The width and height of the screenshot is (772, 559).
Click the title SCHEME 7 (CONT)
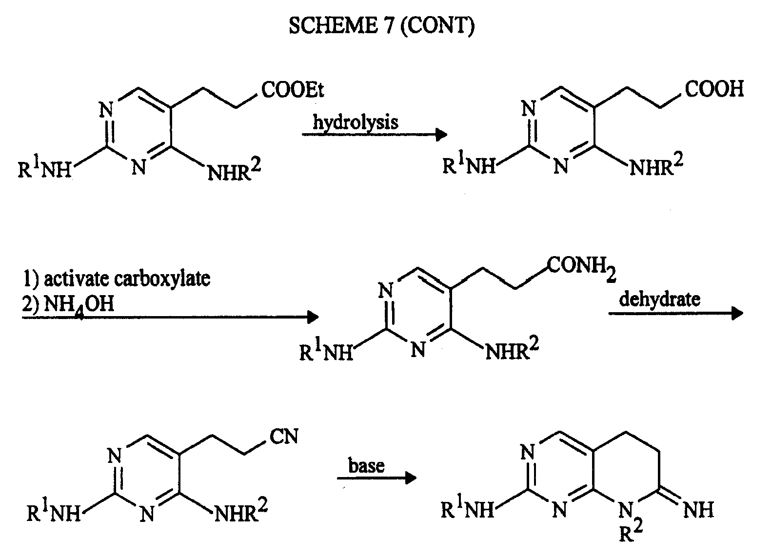click(x=381, y=25)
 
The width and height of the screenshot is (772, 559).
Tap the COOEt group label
click(x=293, y=90)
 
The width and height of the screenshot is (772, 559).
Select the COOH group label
click(x=714, y=89)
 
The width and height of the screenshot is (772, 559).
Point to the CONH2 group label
click(x=581, y=268)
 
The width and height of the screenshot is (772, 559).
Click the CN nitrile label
click(x=284, y=436)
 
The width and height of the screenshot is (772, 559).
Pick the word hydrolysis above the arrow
click(x=356, y=122)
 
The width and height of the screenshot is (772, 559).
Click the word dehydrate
click(x=660, y=299)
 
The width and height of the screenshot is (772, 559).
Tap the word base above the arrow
click(x=366, y=466)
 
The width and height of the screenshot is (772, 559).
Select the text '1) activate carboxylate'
click(x=117, y=279)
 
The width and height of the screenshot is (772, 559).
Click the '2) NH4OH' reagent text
click(x=68, y=305)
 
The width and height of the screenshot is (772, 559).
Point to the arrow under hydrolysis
click(x=375, y=134)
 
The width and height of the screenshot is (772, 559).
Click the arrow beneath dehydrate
click(x=676, y=314)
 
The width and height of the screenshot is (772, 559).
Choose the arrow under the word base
click(x=377, y=478)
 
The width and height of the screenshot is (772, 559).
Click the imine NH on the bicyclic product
click(x=698, y=510)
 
